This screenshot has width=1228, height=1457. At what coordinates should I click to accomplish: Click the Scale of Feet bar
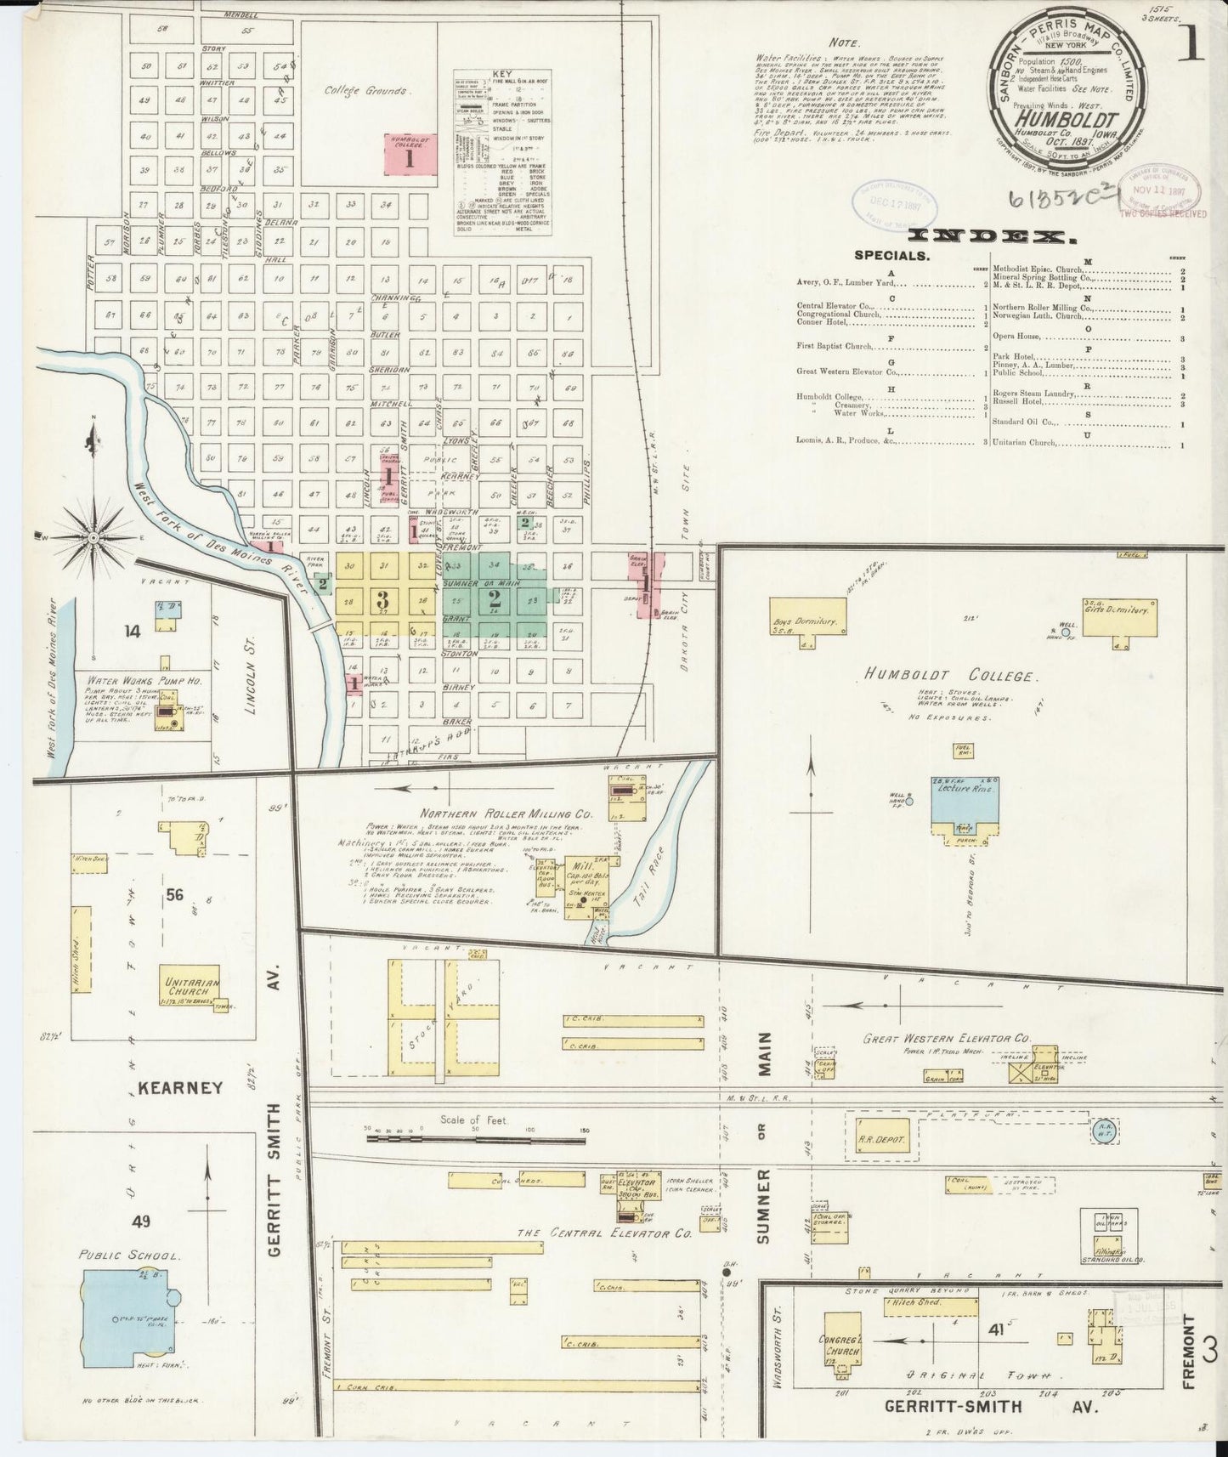(x=476, y=1131)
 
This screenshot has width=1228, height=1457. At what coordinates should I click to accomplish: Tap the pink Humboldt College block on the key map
(x=410, y=155)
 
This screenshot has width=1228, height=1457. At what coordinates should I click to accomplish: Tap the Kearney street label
(x=181, y=1087)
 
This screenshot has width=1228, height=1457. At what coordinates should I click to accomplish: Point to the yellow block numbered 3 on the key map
(x=382, y=597)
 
